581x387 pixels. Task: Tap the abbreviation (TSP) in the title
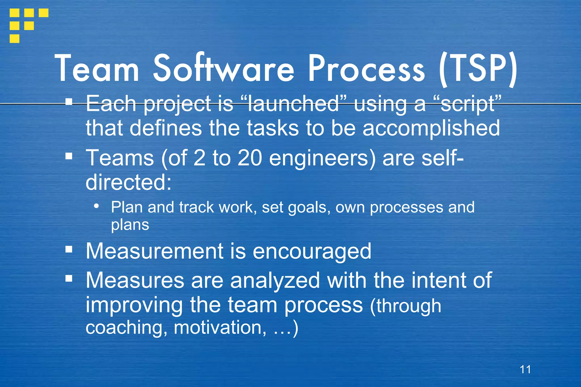tap(478, 69)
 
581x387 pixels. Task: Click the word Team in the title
tap(97, 69)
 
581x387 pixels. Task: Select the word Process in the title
tap(367, 69)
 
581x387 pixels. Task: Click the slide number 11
tap(525, 369)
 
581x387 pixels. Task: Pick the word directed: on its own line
tap(129, 182)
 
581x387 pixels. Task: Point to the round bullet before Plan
tap(97, 206)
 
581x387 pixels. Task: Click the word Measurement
tap(155, 251)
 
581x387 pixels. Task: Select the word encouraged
tap(312, 251)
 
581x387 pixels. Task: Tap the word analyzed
tap(275, 280)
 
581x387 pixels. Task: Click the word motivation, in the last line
tap(220, 327)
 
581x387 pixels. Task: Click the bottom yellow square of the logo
tap(14, 39)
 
